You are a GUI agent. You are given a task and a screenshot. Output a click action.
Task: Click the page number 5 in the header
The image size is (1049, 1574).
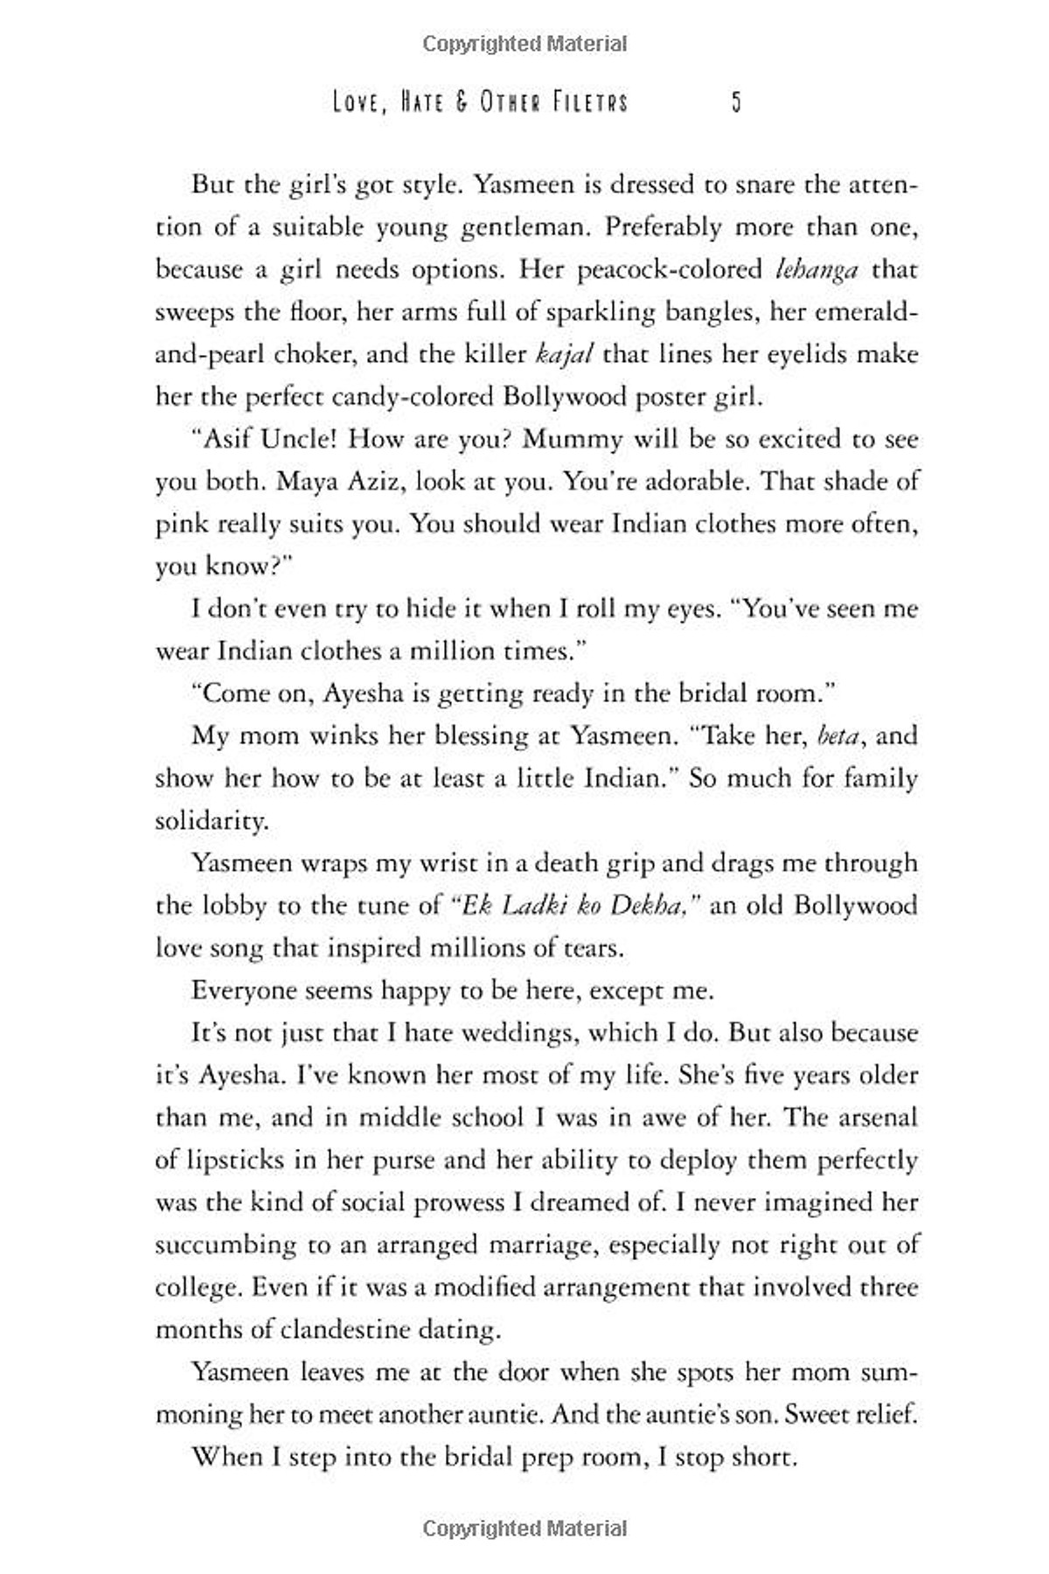736,103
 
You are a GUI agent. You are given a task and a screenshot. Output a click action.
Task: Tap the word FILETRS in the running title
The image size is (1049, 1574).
589,103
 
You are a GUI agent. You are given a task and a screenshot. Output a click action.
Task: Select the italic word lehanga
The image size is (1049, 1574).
816,269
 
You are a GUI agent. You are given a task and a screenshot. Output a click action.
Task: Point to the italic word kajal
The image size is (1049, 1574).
564,354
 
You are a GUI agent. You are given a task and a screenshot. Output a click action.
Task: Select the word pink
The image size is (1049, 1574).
181,525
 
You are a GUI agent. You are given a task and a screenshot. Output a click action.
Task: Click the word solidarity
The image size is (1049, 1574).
211,821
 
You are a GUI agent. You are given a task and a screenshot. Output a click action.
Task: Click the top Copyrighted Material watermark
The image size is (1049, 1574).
524,44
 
